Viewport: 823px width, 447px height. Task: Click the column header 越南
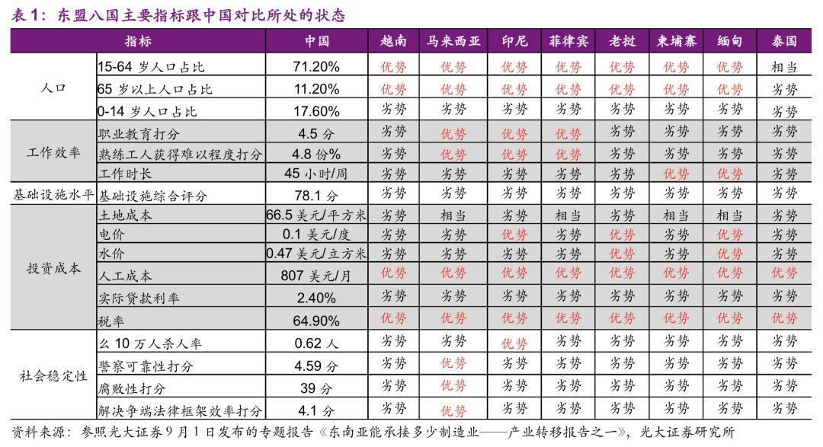click(393, 41)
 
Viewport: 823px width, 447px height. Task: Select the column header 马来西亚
click(453, 41)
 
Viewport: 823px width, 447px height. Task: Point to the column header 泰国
click(783, 41)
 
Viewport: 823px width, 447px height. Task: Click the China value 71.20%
click(316, 66)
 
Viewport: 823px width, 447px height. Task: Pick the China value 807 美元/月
click(316, 276)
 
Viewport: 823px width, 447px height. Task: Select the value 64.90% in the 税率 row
click(316, 320)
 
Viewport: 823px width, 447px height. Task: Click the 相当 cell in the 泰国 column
click(783, 67)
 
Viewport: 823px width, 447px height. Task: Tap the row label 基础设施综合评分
click(152, 196)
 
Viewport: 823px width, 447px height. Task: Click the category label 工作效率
click(53, 152)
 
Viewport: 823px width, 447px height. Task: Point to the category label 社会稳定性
click(53, 376)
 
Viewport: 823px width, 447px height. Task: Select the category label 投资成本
click(53, 268)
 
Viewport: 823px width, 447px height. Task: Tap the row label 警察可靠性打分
click(146, 366)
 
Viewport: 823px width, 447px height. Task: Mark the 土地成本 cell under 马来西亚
click(453, 216)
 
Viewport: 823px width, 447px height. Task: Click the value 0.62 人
click(316, 343)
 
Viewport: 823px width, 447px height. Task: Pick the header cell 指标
click(137, 41)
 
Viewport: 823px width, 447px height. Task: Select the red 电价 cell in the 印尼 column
click(514, 235)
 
